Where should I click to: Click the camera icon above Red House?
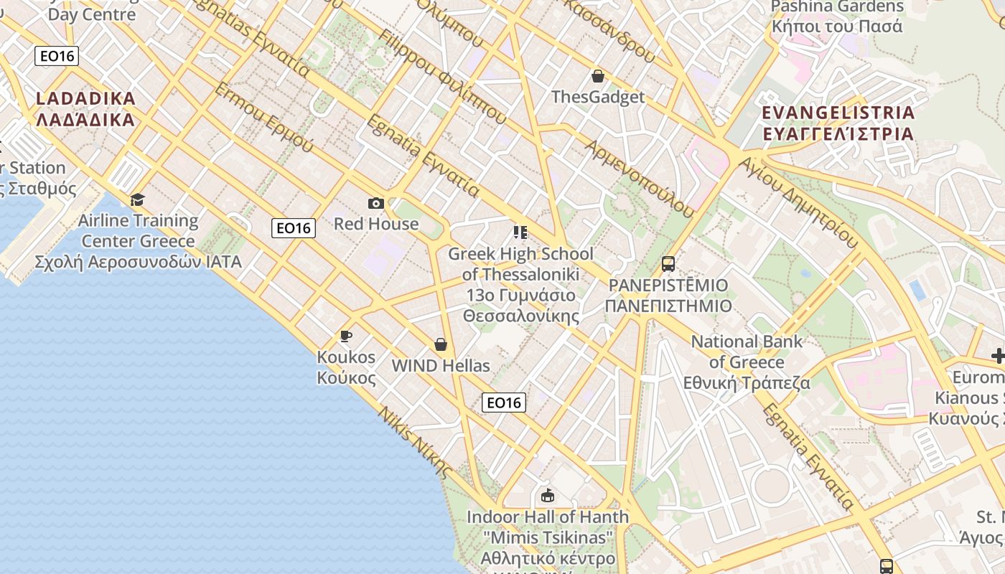coord(375,204)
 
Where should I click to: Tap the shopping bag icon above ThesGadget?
coord(597,76)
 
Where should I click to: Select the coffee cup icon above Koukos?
coord(346,336)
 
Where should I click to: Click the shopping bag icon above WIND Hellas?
coord(441,345)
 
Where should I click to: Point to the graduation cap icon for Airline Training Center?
coord(137,199)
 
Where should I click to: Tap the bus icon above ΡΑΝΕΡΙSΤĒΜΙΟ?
coord(668,264)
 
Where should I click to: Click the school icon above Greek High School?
coord(520,232)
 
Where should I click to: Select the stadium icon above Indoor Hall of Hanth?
coord(548,495)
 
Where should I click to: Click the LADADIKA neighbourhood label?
coord(85,109)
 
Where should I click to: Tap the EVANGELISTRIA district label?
coord(838,123)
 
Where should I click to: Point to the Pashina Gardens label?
coord(837,17)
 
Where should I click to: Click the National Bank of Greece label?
coord(747,362)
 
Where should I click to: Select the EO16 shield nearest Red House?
coord(294,228)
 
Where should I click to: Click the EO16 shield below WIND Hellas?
coord(504,403)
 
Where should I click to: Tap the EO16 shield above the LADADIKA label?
coord(57,56)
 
